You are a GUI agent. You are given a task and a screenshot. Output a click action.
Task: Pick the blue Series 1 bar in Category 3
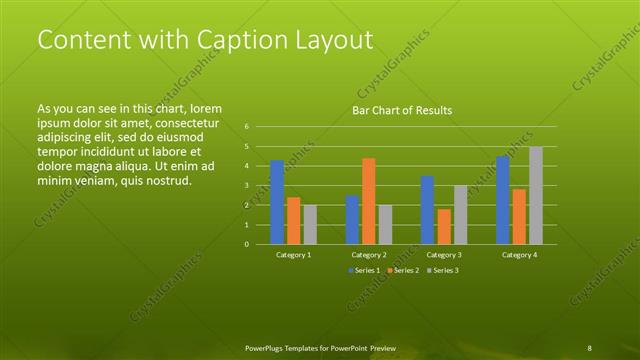[x=427, y=210]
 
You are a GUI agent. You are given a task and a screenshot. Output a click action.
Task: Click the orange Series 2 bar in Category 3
[x=444, y=226]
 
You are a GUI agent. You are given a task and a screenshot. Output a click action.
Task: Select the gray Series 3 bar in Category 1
[x=310, y=224]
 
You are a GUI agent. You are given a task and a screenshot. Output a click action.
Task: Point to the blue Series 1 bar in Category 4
[x=503, y=200]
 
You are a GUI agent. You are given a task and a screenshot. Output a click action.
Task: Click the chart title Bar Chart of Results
[x=402, y=110]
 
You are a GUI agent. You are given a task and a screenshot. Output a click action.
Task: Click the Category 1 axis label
[x=293, y=255]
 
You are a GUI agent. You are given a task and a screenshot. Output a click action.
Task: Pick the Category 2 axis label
[x=369, y=255]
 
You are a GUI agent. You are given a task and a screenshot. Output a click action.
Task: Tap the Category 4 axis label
[x=519, y=255]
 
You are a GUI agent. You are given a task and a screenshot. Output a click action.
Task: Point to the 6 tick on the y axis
[x=247, y=127]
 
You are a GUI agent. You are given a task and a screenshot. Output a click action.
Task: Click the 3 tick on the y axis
[x=247, y=186]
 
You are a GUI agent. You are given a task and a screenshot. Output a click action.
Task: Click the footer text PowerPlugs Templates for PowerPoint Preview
[x=320, y=347]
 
